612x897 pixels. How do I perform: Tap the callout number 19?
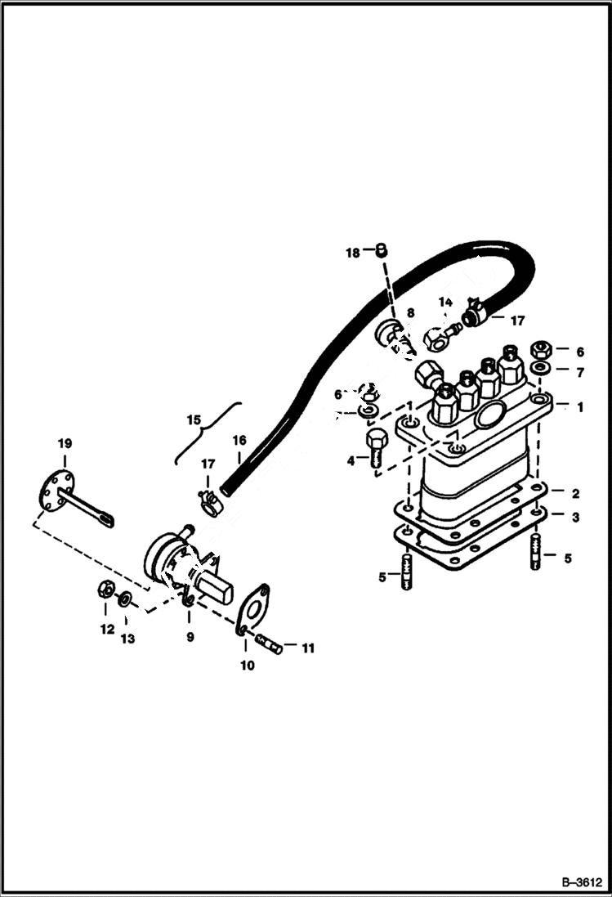(x=64, y=443)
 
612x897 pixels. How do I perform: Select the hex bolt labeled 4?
(x=376, y=447)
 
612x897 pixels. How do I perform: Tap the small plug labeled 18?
(x=380, y=251)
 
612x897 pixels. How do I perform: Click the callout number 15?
(x=194, y=419)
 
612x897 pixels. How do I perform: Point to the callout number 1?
(x=580, y=406)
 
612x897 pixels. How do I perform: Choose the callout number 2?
(x=575, y=493)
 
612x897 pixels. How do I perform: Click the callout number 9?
(x=190, y=636)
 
